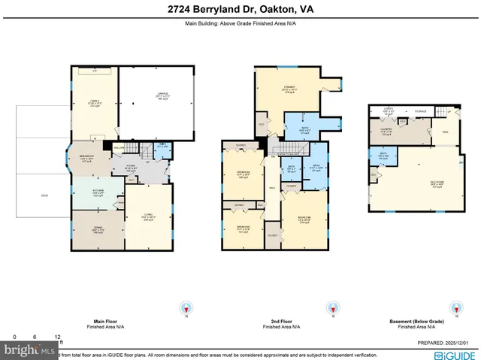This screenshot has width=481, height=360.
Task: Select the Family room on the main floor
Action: (x=94, y=105)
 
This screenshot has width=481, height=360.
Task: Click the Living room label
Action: (x=147, y=218)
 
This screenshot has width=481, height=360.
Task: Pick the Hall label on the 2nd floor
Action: (x=272, y=188)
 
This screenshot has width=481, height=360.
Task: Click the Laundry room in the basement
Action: (x=384, y=135)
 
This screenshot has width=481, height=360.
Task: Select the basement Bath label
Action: (x=383, y=156)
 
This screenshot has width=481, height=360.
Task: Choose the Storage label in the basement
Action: (x=421, y=111)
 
